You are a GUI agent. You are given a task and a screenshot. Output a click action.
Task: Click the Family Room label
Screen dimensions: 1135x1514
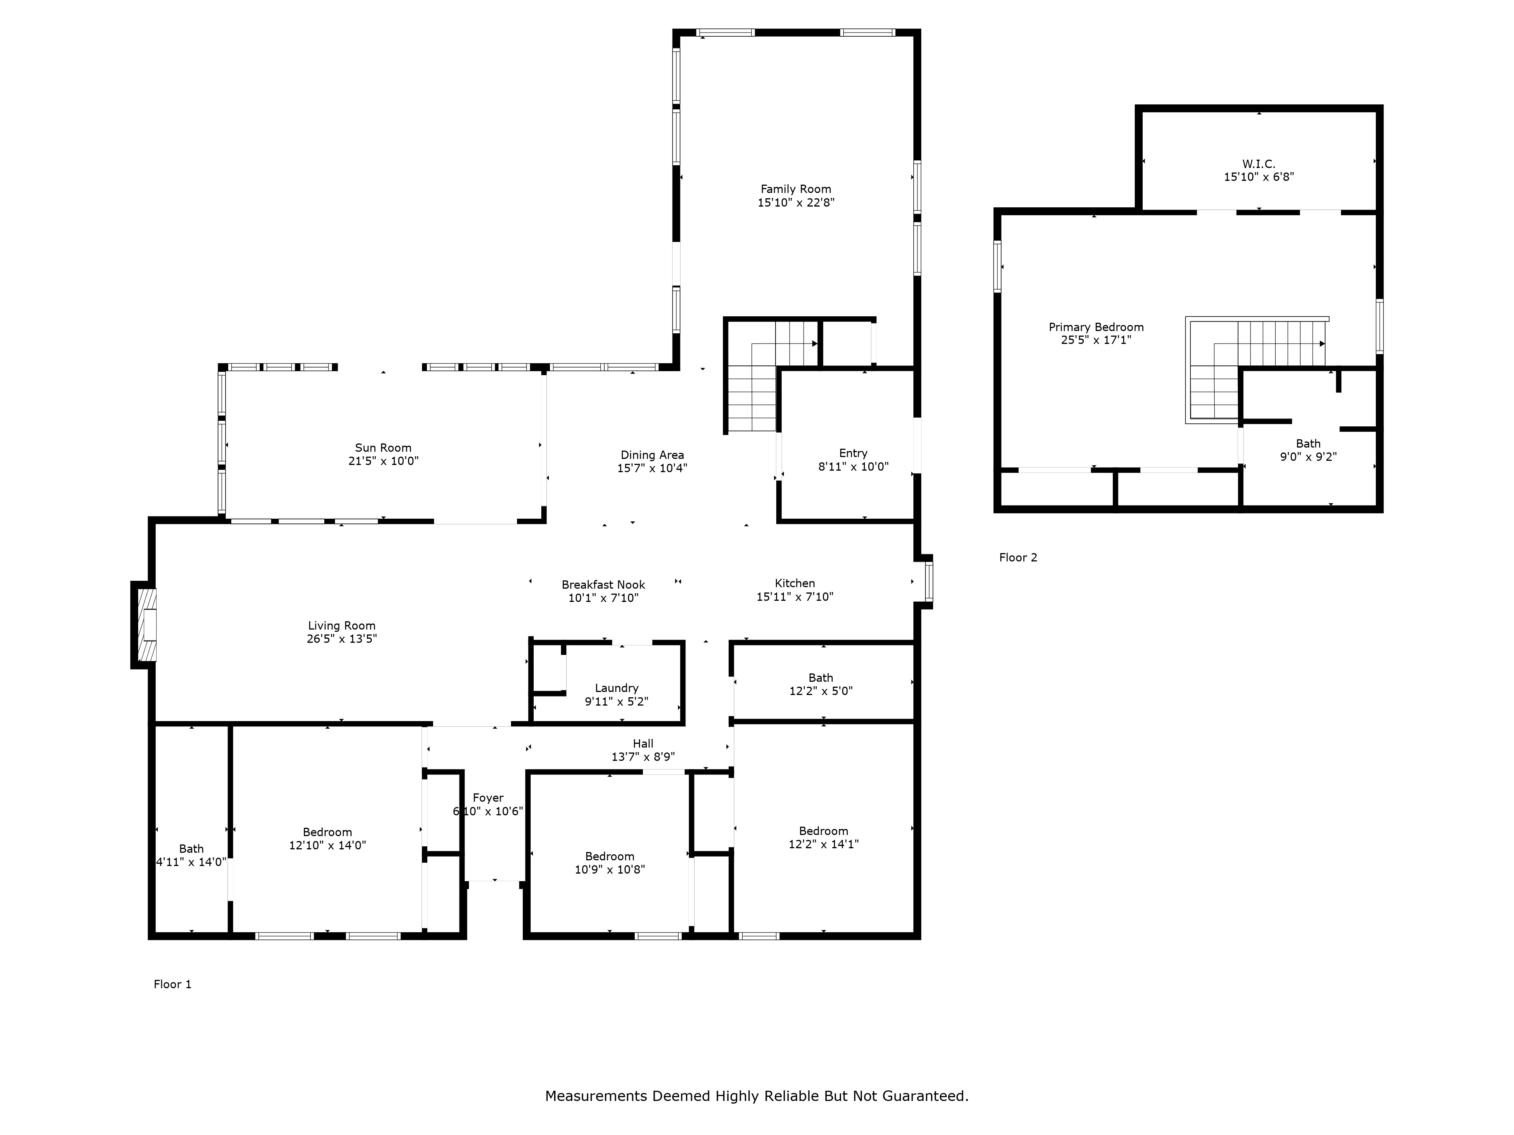pos(795,189)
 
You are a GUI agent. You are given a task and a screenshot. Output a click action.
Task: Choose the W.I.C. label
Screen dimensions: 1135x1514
pos(1258,164)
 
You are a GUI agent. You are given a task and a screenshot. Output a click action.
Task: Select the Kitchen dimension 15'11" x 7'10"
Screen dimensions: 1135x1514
pos(794,597)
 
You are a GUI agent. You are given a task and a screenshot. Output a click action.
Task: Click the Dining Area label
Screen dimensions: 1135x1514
pos(652,455)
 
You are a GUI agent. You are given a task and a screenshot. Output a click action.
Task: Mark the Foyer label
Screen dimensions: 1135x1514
pos(488,798)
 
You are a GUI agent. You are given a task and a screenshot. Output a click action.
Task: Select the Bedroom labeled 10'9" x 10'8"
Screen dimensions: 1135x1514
pos(609,863)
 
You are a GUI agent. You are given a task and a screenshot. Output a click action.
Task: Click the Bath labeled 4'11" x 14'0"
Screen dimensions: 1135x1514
pos(191,855)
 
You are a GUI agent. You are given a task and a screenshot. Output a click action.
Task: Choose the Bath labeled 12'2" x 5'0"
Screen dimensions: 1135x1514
pos(821,684)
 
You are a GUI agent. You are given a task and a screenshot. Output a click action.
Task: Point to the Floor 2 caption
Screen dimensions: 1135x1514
pos(1018,558)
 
